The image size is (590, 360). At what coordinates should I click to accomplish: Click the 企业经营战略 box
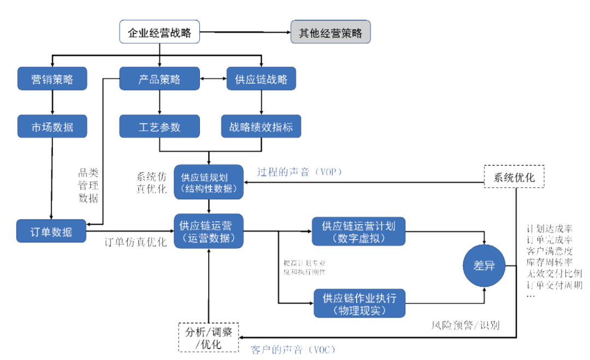159,32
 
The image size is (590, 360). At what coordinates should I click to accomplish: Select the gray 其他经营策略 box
331,32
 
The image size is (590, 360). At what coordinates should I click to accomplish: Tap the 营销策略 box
52,79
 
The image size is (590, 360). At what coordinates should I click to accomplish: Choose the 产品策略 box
159,79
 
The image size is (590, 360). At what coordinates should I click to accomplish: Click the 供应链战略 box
261,79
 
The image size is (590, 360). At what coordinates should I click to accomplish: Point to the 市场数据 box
52,127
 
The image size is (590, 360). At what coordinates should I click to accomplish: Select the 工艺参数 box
159,127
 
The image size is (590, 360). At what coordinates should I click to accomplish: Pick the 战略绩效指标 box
261,127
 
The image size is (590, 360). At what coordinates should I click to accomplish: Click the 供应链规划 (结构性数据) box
209,182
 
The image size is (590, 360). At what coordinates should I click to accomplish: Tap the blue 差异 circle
483,266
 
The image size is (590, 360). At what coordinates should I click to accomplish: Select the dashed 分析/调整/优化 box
209,337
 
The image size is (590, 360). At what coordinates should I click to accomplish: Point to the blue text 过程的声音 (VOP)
299,172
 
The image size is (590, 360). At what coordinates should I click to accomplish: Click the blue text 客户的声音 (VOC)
292,349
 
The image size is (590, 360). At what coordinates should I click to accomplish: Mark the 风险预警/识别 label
465,326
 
